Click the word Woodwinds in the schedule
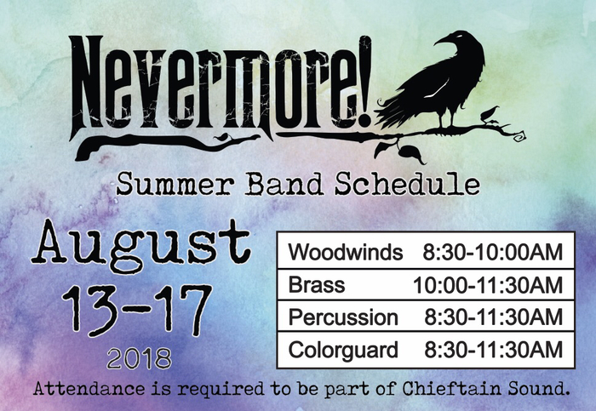pyautogui.click(x=345, y=252)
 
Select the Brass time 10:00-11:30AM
pyautogui.click(x=488, y=285)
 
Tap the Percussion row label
pyautogui.click(x=343, y=317)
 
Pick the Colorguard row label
pyautogui.click(x=343, y=350)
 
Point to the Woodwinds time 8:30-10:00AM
pyautogui.click(x=493, y=252)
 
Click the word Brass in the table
pyautogui.click(x=316, y=284)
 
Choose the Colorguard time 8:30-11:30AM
pyautogui.click(x=493, y=350)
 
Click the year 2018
pyautogui.click(x=139, y=358)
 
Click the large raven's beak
pyautogui.click(x=441, y=40)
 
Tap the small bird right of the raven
pyautogui.click(x=490, y=114)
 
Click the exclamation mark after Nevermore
pyautogui.click(x=364, y=81)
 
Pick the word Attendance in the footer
pyautogui.click(x=89, y=389)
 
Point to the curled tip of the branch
pyautogui.click(x=520, y=136)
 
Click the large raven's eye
pyautogui.click(x=461, y=37)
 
